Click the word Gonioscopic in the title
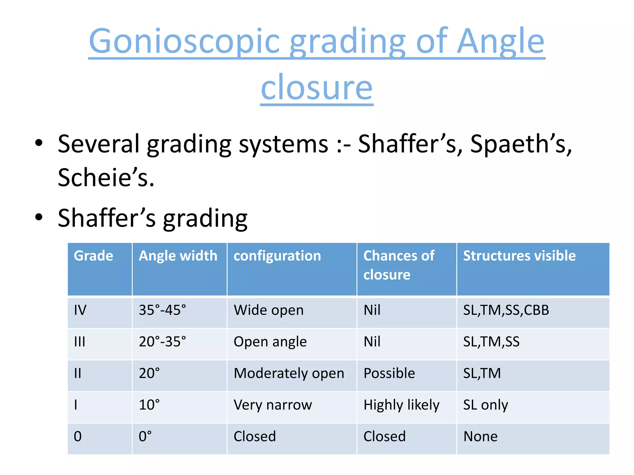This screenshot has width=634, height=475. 184,42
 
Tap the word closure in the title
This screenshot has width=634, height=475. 317,88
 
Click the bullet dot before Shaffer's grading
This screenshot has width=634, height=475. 39,217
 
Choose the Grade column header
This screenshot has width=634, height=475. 93,256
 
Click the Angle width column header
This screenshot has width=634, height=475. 178,256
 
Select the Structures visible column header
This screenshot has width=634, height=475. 519,256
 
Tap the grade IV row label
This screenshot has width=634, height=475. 80,310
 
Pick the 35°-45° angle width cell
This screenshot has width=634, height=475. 162,310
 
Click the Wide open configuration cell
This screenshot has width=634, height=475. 268,310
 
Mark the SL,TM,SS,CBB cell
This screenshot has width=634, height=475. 506,310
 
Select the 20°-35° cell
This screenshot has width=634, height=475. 162,342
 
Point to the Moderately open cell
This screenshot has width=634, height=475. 289,373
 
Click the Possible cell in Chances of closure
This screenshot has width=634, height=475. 389,373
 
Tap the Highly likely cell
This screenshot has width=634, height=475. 401,405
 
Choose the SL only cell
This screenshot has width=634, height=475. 485,405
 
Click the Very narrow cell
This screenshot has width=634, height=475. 273,405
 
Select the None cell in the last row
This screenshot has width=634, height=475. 480,436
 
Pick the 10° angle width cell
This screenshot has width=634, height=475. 149,405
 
